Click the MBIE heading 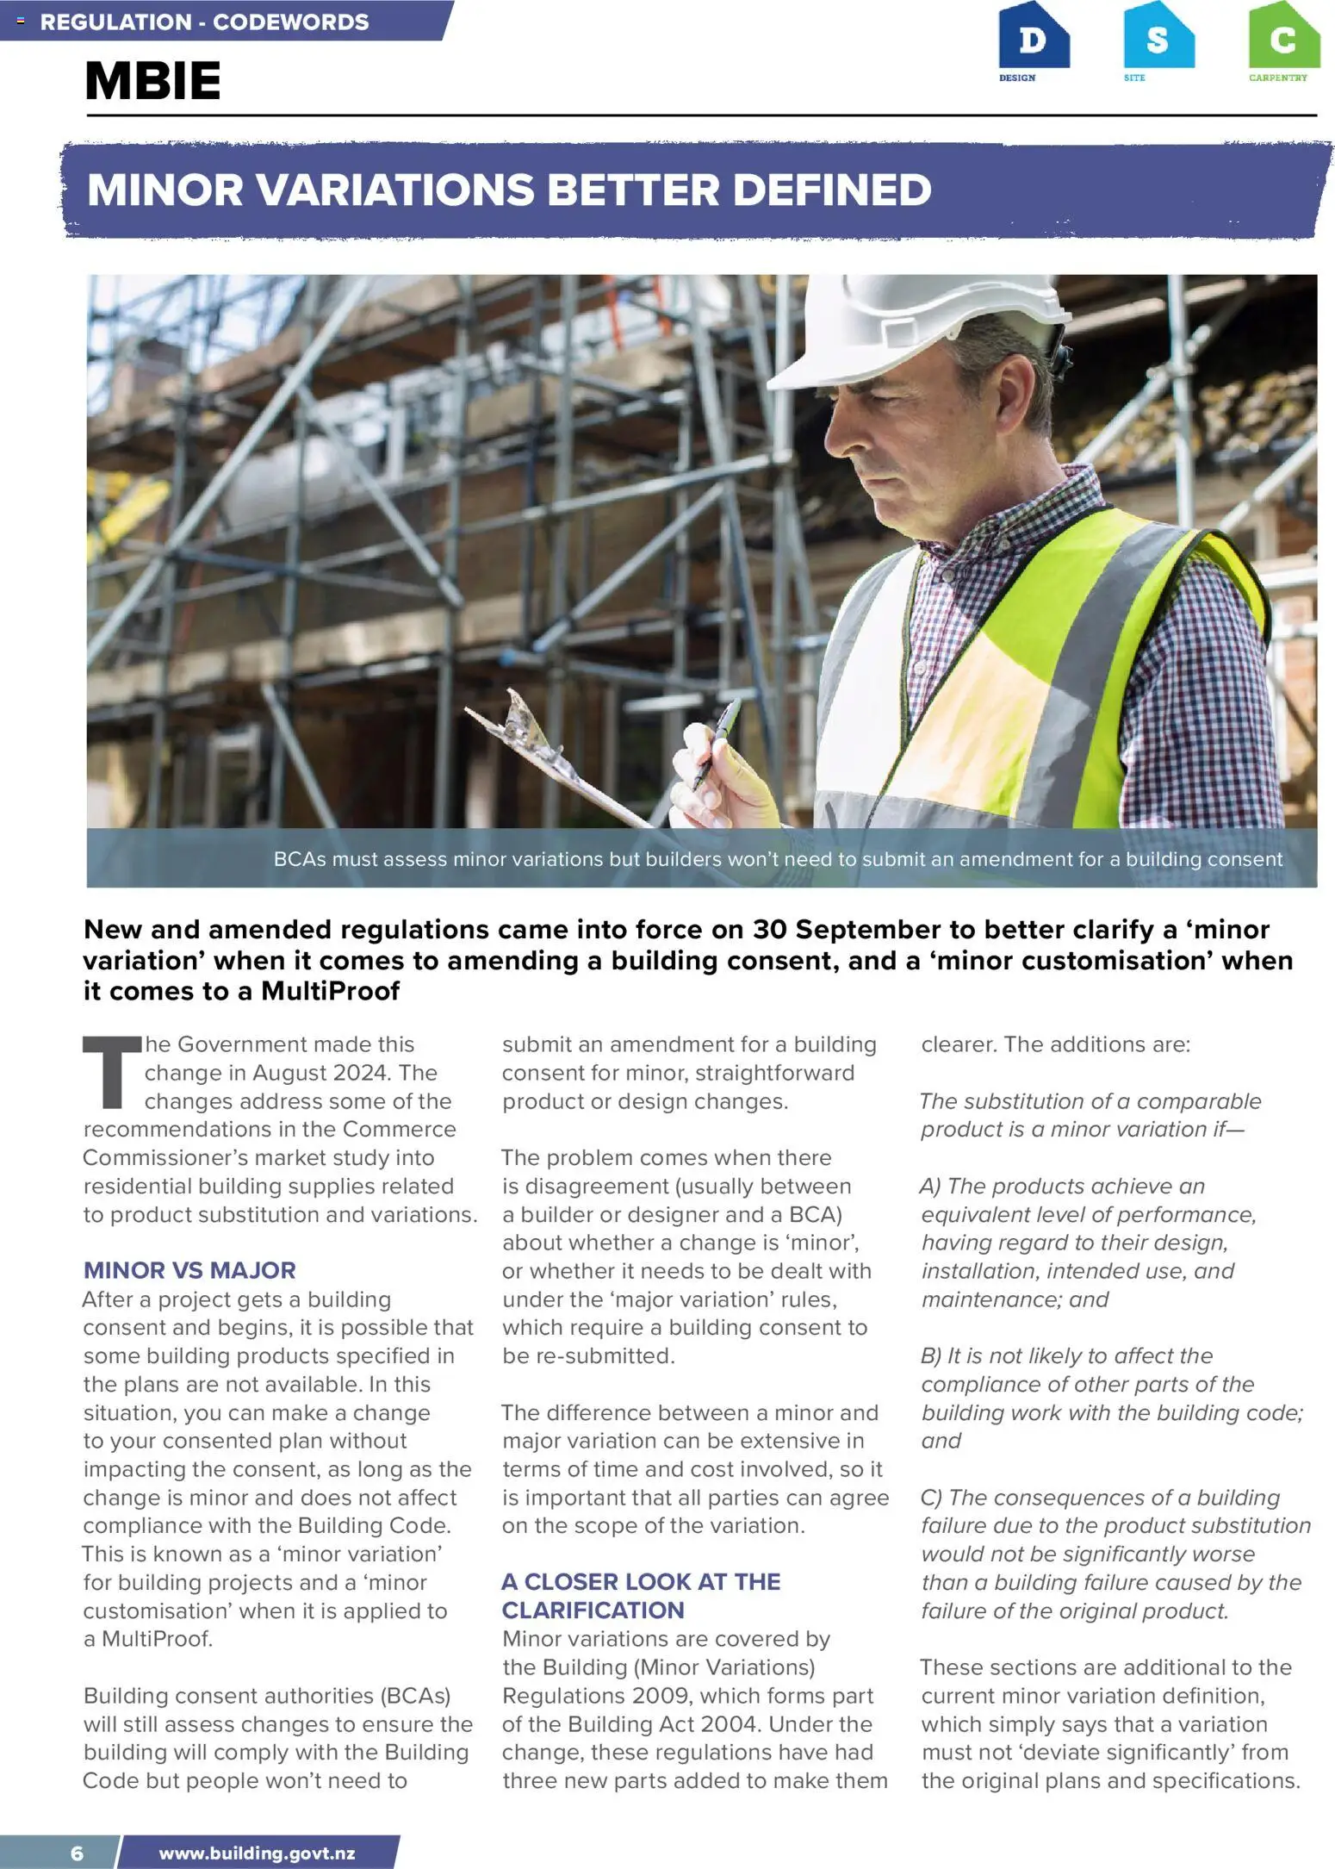[152, 81]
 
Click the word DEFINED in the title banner [832, 190]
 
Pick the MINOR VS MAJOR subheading [189, 1270]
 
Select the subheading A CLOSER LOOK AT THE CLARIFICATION [641, 1596]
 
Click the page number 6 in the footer [78, 1853]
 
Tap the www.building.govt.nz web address [257, 1853]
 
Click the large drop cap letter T [111, 1072]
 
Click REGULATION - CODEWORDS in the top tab [204, 22]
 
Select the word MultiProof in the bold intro [331, 991]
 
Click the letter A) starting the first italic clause [932, 1187]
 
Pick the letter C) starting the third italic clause [932, 1498]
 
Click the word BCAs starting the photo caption [300, 859]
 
